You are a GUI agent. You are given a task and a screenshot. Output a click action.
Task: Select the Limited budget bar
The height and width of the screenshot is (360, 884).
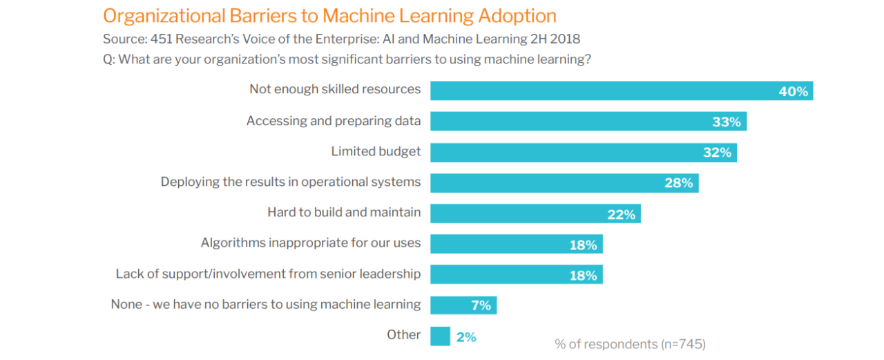coord(573,152)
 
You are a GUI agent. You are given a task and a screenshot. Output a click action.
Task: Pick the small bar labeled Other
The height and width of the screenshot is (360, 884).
coord(440,336)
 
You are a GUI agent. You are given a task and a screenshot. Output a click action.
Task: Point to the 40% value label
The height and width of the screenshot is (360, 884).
coord(793,91)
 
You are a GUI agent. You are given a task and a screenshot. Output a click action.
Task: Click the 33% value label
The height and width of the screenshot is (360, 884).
coord(727,122)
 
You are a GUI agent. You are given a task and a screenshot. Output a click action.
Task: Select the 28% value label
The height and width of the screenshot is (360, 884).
coord(678,183)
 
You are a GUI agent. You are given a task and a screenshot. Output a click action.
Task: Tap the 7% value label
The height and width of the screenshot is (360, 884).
coord(481,305)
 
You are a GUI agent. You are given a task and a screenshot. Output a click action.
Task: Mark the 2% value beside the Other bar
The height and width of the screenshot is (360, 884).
coord(466,337)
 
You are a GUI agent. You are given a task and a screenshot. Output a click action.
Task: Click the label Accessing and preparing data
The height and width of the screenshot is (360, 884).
coord(334,121)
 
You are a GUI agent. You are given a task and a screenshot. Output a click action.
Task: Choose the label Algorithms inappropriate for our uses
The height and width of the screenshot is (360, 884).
coord(311,243)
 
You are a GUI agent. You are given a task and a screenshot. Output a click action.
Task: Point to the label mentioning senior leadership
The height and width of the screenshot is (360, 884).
coord(268,274)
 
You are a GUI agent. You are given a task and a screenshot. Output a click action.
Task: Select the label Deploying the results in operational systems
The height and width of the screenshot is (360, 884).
coord(291,182)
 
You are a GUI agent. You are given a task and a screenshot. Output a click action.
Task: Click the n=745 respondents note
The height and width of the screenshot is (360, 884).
coord(630,343)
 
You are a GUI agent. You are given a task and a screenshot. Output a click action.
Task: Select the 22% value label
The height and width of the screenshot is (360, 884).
coord(621,214)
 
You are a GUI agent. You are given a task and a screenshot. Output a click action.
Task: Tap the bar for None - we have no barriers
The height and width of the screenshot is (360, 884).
coord(456,305)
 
